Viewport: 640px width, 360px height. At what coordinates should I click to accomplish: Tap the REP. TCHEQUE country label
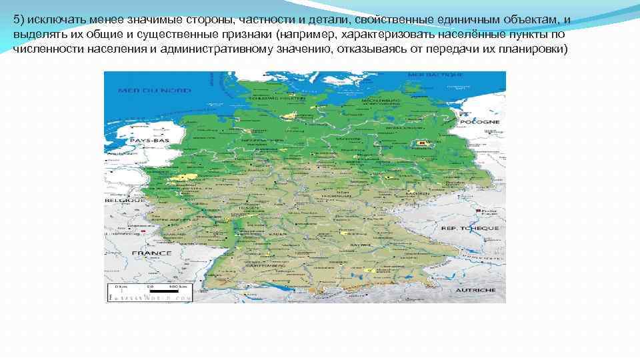coord(469,228)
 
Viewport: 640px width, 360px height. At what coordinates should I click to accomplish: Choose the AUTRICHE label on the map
coord(475,291)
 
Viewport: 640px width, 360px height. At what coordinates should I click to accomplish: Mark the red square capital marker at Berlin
coord(421,142)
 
